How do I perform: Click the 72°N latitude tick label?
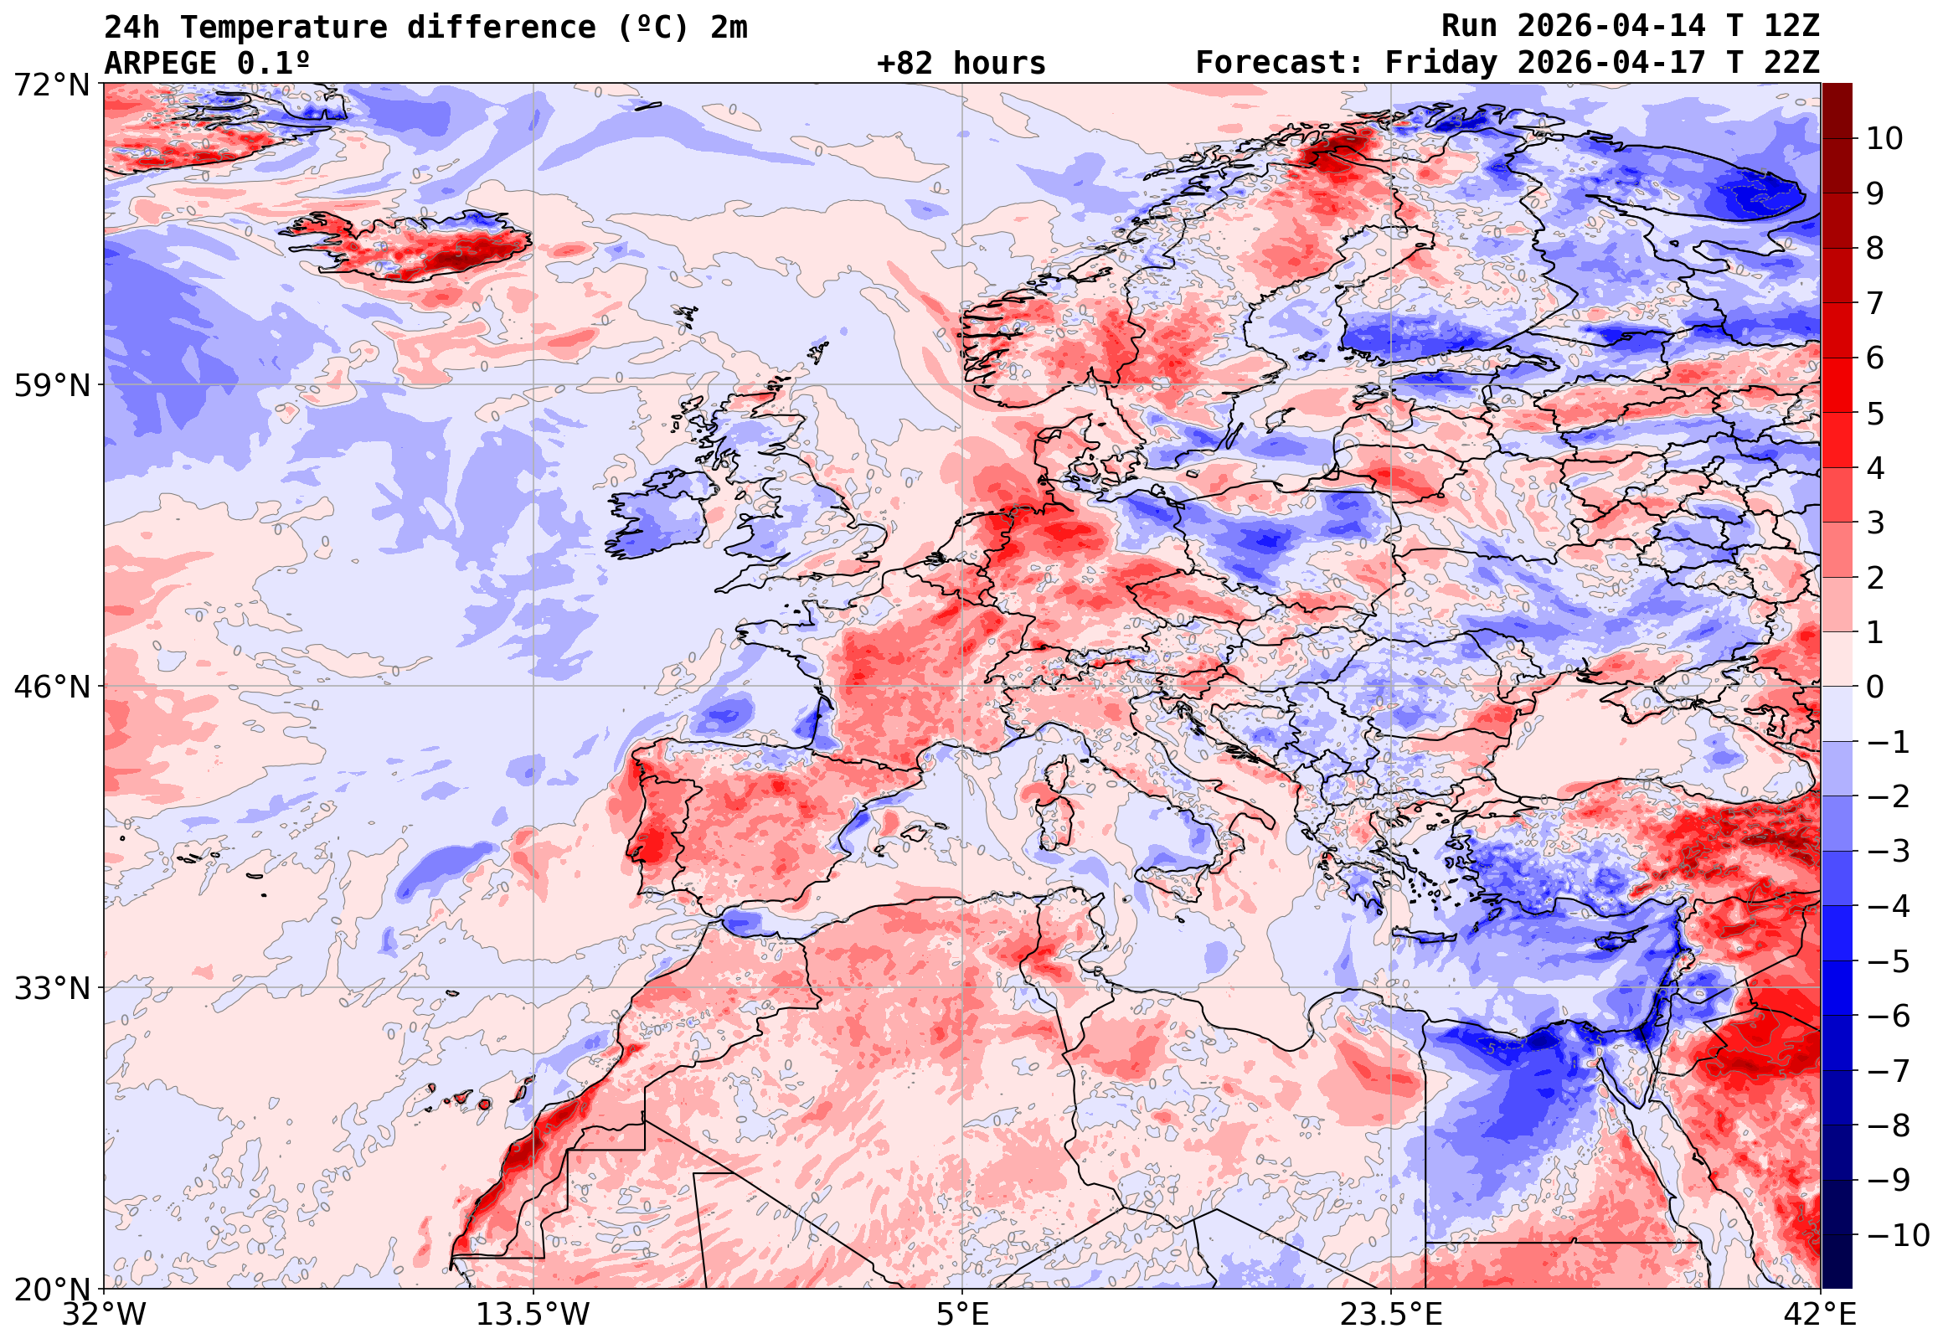pos(51,85)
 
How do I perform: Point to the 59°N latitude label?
pos(51,386)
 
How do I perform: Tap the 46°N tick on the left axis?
pos(51,687)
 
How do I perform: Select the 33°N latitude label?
pos(51,988)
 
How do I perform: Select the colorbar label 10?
pos(1884,139)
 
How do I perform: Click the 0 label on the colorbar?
pos(1876,687)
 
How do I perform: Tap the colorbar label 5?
pos(1876,414)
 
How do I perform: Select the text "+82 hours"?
pos(961,63)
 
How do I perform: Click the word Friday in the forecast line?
pos(1442,63)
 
